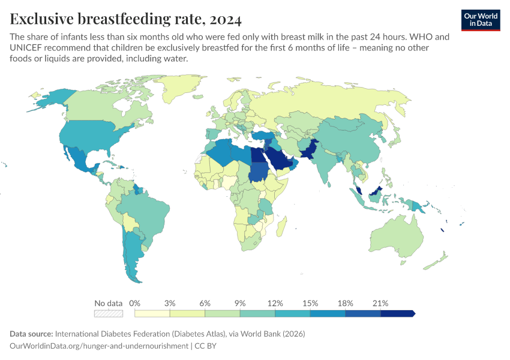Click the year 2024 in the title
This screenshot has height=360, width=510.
(x=226, y=20)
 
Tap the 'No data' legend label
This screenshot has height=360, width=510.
(x=109, y=303)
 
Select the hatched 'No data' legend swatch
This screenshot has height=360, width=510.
(x=109, y=313)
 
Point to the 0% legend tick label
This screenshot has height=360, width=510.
(x=135, y=303)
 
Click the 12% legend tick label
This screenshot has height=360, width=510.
(x=275, y=303)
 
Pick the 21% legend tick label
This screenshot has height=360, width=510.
(x=381, y=303)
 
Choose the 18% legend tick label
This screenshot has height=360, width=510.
(x=346, y=303)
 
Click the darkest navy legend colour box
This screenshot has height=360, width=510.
(x=397, y=313)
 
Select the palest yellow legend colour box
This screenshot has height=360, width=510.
(x=152, y=313)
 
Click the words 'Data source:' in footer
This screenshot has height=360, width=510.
(x=31, y=334)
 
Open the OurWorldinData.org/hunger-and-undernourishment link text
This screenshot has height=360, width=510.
(x=99, y=346)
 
